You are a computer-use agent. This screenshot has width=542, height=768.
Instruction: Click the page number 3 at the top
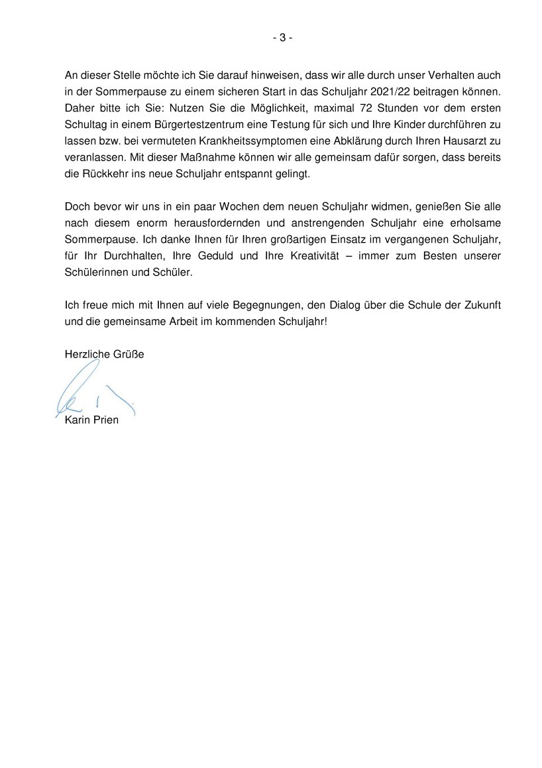tap(282, 38)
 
